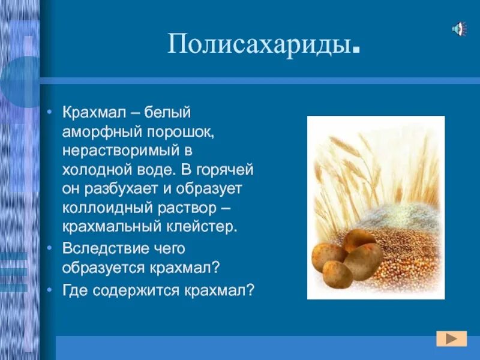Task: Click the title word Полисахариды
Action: coord(259,46)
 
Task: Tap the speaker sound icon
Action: coord(459,28)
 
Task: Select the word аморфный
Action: coord(92,132)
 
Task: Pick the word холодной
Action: coord(93,170)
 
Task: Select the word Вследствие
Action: coord(99,248)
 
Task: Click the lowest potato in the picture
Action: coord(338,274)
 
